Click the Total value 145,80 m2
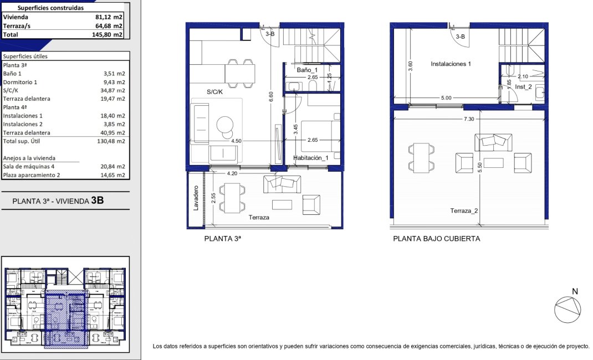coord(108,34)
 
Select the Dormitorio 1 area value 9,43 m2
coord(114,82)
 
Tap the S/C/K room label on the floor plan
coord(214,92)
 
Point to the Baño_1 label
coord(307,70)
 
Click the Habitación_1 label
coord(311,158)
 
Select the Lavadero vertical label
coord(196,198)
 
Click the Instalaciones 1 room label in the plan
coord(451,64)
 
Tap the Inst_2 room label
coord(523,87)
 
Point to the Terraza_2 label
coord(464,211)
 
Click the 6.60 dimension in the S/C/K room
coord(271,97)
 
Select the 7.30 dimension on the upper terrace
coord(469,119)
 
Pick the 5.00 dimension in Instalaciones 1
coord(446,98)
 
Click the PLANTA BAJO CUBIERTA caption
coord(436,239)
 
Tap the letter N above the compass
coord(575,291)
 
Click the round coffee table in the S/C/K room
coord(225,124)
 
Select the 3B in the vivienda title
coord(97,200)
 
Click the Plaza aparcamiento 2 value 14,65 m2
coord(113,175)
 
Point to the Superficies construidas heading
coord(50,8)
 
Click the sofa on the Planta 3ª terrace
coord(282,184)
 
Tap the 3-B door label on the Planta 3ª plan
coord(270,34)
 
